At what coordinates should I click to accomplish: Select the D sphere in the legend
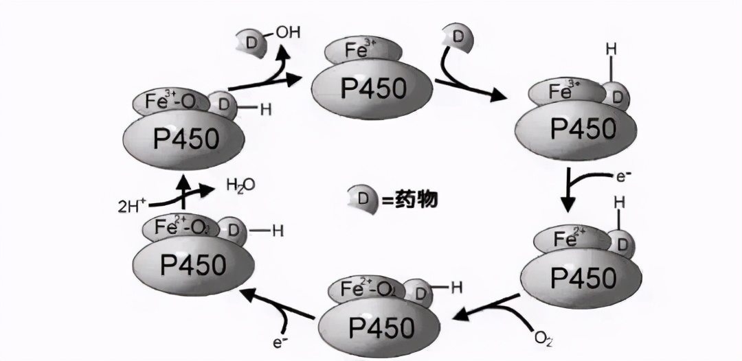(x=362, y=200)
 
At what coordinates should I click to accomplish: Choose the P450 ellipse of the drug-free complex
(x=372, y=88)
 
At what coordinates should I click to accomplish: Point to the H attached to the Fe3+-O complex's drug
(x=265, y=109)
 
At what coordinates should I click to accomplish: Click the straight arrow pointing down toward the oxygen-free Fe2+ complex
(x=568, y=195)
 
